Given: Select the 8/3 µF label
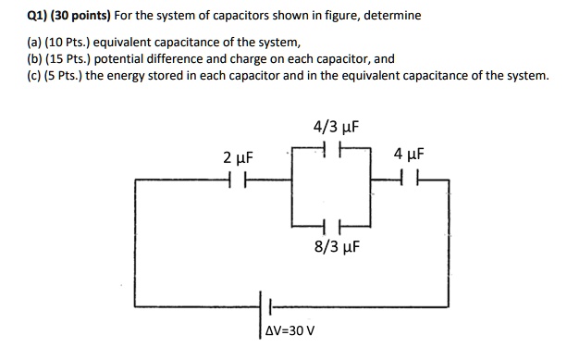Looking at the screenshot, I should [335, 248].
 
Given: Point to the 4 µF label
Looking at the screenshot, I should [408, 155].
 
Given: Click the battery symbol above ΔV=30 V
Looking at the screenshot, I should [270, 306].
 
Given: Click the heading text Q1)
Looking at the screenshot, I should [17, 16].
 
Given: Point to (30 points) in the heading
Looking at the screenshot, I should [70, 16].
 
